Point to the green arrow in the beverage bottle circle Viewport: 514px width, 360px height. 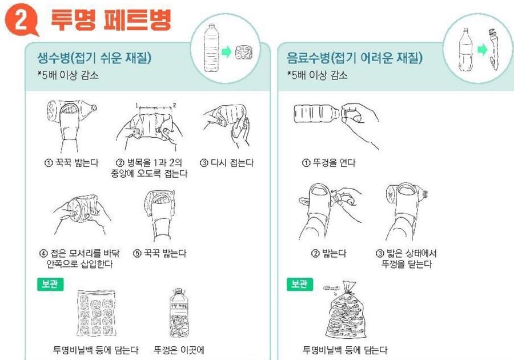click(482, 50)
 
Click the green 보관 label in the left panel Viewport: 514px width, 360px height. click(50, 283)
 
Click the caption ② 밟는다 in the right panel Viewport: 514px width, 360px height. click(328, 253)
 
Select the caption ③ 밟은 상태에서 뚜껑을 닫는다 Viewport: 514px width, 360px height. click(406, 258)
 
